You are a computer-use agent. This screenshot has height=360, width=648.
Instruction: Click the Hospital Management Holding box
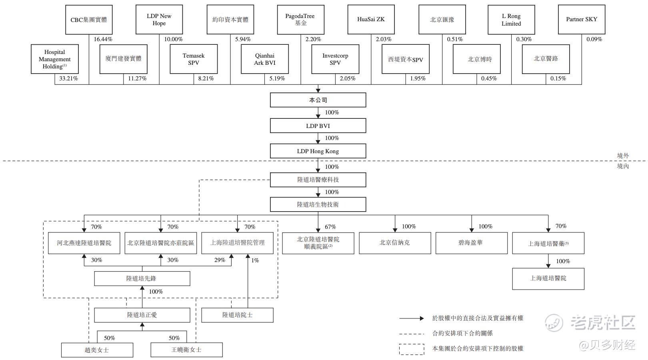(55, 59)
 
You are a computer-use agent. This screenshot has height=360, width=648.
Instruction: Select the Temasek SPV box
(194, 59)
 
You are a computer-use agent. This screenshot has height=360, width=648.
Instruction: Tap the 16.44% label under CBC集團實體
(103, 39)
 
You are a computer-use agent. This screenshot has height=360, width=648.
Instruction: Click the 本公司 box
(318, 100)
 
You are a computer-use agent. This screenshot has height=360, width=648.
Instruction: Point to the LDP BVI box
(318, 126)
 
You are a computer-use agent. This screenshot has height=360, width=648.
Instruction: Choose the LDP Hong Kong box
(318, 151)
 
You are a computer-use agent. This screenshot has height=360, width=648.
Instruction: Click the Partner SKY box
(582, 20)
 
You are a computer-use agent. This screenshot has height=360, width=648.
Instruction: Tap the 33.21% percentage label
(68, 78)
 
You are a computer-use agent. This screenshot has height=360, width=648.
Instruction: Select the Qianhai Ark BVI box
(265, 59)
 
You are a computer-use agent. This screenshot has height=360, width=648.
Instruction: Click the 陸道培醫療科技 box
(318, 180)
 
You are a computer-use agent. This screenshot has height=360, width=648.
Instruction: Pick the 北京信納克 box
(395, 243)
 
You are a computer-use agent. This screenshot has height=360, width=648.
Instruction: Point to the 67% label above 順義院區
(330, 227)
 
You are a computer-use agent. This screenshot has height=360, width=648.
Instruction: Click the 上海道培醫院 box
(548, 278)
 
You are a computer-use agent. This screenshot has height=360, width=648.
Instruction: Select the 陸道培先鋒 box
(142, 278)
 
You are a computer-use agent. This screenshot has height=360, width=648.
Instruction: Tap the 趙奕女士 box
(97, 350)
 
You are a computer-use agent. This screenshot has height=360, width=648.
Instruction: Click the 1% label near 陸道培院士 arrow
(255, 260)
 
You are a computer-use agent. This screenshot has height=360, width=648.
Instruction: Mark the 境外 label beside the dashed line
(623, 155)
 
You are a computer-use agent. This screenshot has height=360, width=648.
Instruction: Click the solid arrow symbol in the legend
(412, 318)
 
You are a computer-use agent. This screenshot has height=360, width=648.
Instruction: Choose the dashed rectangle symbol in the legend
(412, 349)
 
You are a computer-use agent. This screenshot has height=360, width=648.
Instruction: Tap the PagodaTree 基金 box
(300, 20)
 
